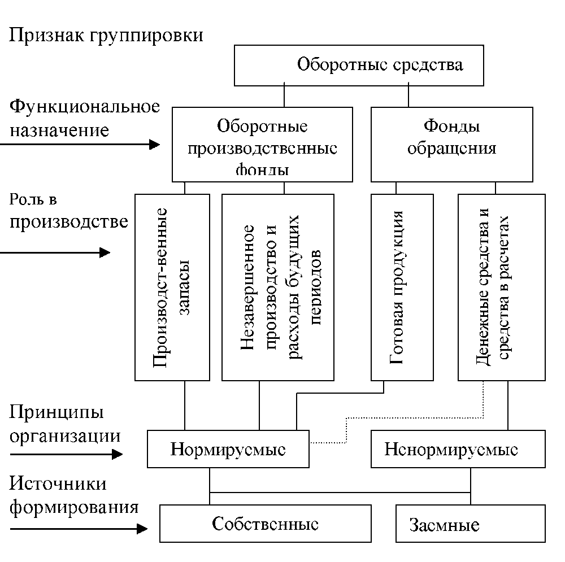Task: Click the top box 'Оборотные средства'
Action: pyautogui.click(x=359, y=64)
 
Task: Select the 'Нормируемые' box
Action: pyautogui.click(x=228, y=450)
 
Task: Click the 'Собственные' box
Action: pyautogui.click(x=265, y=524)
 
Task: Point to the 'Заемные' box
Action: pyautogui.click(x=470, y=524)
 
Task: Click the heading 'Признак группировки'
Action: pyautogui.click(x=106, y=35)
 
